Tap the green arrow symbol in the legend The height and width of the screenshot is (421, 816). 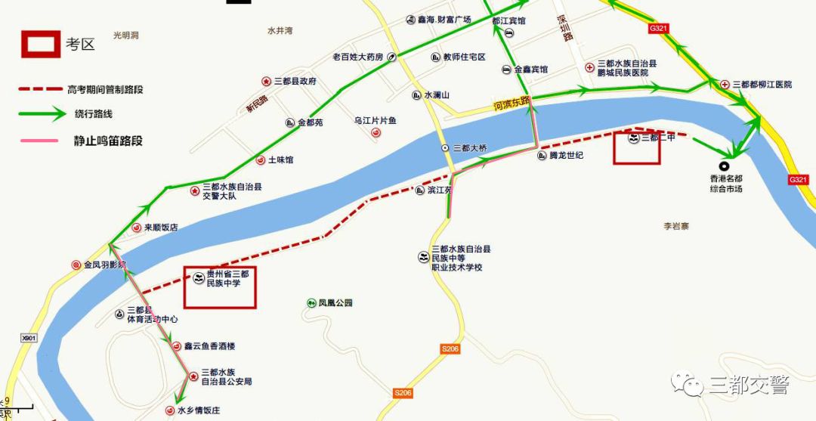click(x=42, y=115)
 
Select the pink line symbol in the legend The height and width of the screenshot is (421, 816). click(x=39, y=141)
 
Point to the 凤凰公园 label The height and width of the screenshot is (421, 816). click(x=335, y=303)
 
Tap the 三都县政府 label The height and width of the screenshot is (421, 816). click(x=295, y=81)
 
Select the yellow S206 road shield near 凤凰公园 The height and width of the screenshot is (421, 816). click(x=450, y=348)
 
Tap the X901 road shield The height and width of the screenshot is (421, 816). click(x=29, y=338)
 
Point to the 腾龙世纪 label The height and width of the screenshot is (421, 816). click(x=566, y=156)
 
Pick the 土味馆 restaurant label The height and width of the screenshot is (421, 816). click(x=280, y=160)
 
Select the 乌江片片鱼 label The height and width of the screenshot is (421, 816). click(x=376, y=121)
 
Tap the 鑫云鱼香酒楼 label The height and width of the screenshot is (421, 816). click(x=209, y=346)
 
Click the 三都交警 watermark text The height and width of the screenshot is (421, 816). click(x=748, y=385)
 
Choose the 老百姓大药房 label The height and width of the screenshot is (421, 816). click(x=359, y=57)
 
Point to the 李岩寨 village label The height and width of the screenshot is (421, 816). click(x=676, y=226)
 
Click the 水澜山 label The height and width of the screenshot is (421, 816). click(x=436, y=95)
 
